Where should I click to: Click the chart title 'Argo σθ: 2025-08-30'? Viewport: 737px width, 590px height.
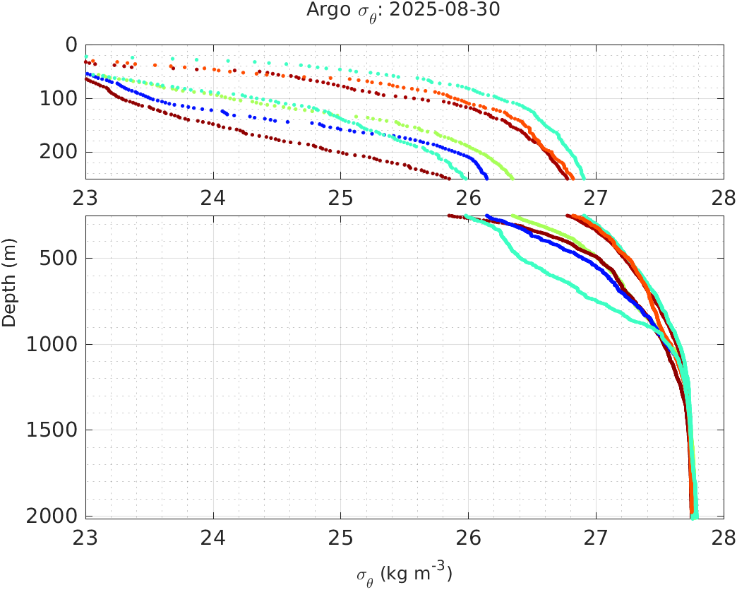(404, 11)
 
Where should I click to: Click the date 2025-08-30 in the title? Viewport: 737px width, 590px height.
(456, 11)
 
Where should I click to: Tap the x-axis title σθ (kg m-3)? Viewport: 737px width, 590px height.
(404, 573)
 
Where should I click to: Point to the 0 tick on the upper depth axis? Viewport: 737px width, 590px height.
(71, 45)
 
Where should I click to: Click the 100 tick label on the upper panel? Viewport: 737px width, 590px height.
(59, 98)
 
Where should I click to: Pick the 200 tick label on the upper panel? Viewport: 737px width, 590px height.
(59, 152)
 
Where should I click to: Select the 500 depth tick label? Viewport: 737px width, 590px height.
(59, 258)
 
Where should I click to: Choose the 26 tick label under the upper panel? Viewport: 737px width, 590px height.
(469, 199)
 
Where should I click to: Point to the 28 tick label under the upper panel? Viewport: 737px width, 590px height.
(723, 199)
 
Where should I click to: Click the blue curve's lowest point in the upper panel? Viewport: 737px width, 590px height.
(486, 177)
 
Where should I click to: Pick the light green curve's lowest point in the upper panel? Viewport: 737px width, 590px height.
(512, 177)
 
